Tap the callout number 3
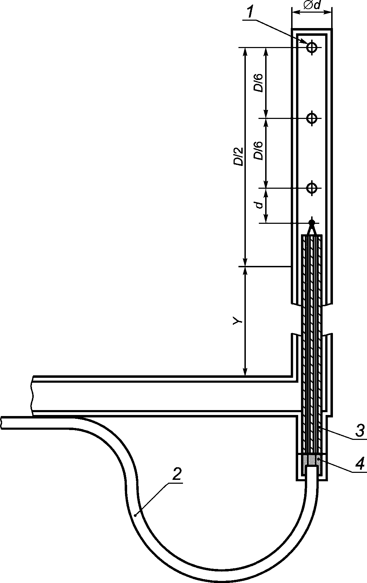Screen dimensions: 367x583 360,431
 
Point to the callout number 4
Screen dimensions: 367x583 360,463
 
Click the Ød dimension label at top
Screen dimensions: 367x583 312,6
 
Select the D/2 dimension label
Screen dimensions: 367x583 238,156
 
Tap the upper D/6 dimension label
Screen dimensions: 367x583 258,83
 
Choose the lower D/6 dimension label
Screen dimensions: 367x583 258,151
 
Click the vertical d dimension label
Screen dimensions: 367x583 259,205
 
